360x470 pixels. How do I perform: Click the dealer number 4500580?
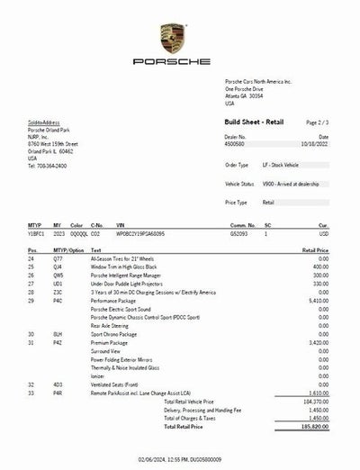pos(235,142)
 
